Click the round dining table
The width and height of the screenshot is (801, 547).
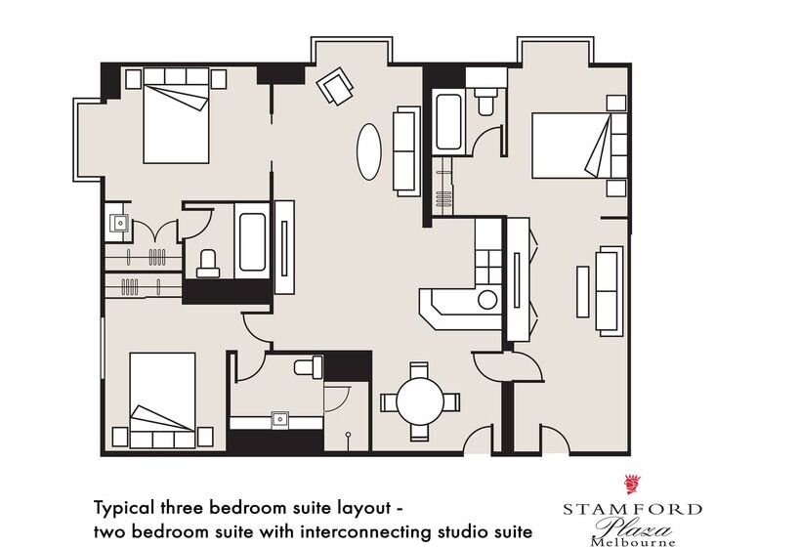click(x=420, y=400)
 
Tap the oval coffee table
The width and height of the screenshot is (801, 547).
click(x=369, y=151)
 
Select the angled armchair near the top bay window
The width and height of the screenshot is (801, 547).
click(x=335, y=86)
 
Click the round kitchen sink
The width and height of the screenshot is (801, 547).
click(x=487, y=300)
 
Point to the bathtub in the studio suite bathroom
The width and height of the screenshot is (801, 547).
click(x=449, y=122)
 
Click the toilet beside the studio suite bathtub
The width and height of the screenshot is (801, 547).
click(x=485, y=102)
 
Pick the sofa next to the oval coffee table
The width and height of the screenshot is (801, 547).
click(x=406, y=151)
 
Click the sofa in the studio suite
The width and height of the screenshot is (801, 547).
click(x=610, y=291)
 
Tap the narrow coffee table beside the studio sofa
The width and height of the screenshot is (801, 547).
click(x=582, y=291)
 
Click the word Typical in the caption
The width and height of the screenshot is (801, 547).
click(x=124, y=509)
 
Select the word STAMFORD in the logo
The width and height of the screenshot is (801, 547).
click(x=632, y=509)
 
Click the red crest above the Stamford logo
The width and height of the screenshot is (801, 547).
click(x=633, y=484)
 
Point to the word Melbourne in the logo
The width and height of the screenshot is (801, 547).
click(x=632, y=542)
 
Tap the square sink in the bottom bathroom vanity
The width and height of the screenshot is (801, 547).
click(x=280, y=419)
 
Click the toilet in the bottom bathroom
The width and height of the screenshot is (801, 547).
click(x=309, y=366)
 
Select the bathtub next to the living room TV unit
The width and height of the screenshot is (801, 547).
click(x=252, y=241)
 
